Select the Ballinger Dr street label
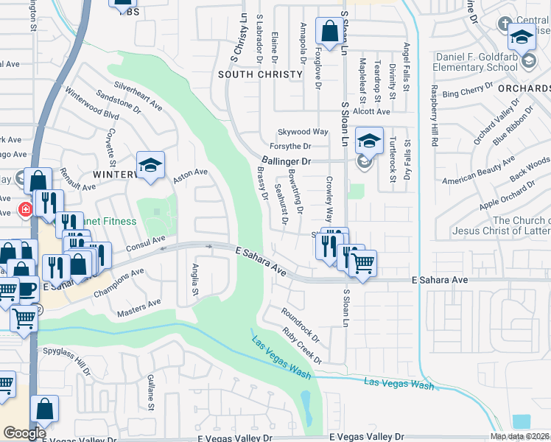[287, 160]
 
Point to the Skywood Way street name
[302, 132]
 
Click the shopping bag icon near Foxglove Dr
[327, 31]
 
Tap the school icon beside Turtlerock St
[369, 140]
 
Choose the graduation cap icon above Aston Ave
[150, 166]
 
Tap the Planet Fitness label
[110, 221]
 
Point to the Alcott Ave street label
[371, 111]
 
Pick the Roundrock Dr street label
[301, 325]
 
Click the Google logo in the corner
[24, 433]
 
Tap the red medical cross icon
[26, 209]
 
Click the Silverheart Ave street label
[138, 96]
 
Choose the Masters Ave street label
[139, 308]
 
